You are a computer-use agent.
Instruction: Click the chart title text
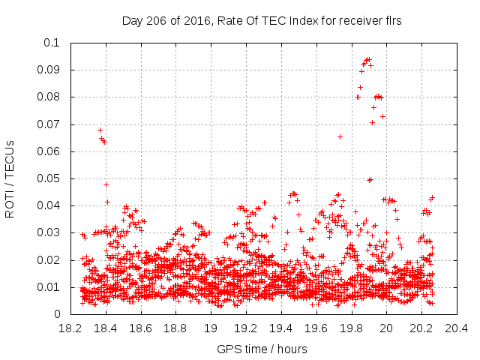coord(262,20)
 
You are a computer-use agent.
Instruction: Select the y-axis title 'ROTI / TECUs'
coord(10,179)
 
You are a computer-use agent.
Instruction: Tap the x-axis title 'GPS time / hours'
coord(262,349)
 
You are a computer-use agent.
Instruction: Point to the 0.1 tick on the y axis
coord(52,43)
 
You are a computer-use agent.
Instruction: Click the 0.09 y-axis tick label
coord(49,70)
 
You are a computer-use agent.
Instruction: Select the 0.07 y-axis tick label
coord(49,124)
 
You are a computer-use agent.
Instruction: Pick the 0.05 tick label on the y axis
coord(49,178)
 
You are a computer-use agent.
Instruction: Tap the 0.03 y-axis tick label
coord(49,233)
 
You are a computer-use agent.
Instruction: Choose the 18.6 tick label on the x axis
coord(140,328)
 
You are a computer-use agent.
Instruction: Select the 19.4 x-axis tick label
coord(280,328)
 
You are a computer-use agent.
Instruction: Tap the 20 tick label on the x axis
coord(386,328)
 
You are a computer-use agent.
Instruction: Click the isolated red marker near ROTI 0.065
coord(340,136)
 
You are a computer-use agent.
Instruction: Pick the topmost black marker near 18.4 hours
coord(100,130)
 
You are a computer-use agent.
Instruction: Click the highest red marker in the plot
coord(368,58)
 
